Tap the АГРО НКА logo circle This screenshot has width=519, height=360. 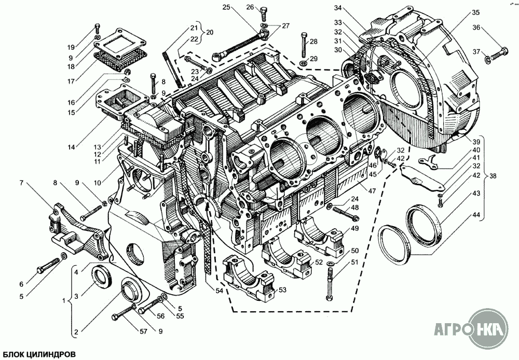[x=489, y=328]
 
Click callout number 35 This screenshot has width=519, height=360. [x=475, y=12]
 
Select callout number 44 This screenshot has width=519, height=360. [x=476, y=215]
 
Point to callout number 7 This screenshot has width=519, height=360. [x=21, y=182]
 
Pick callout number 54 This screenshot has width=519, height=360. [x=220, y=290]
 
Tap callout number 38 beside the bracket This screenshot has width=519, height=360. [x=493, y=176]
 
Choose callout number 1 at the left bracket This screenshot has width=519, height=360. [x=64, y=302]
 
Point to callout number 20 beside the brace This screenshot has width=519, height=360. [x=210, y=33]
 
